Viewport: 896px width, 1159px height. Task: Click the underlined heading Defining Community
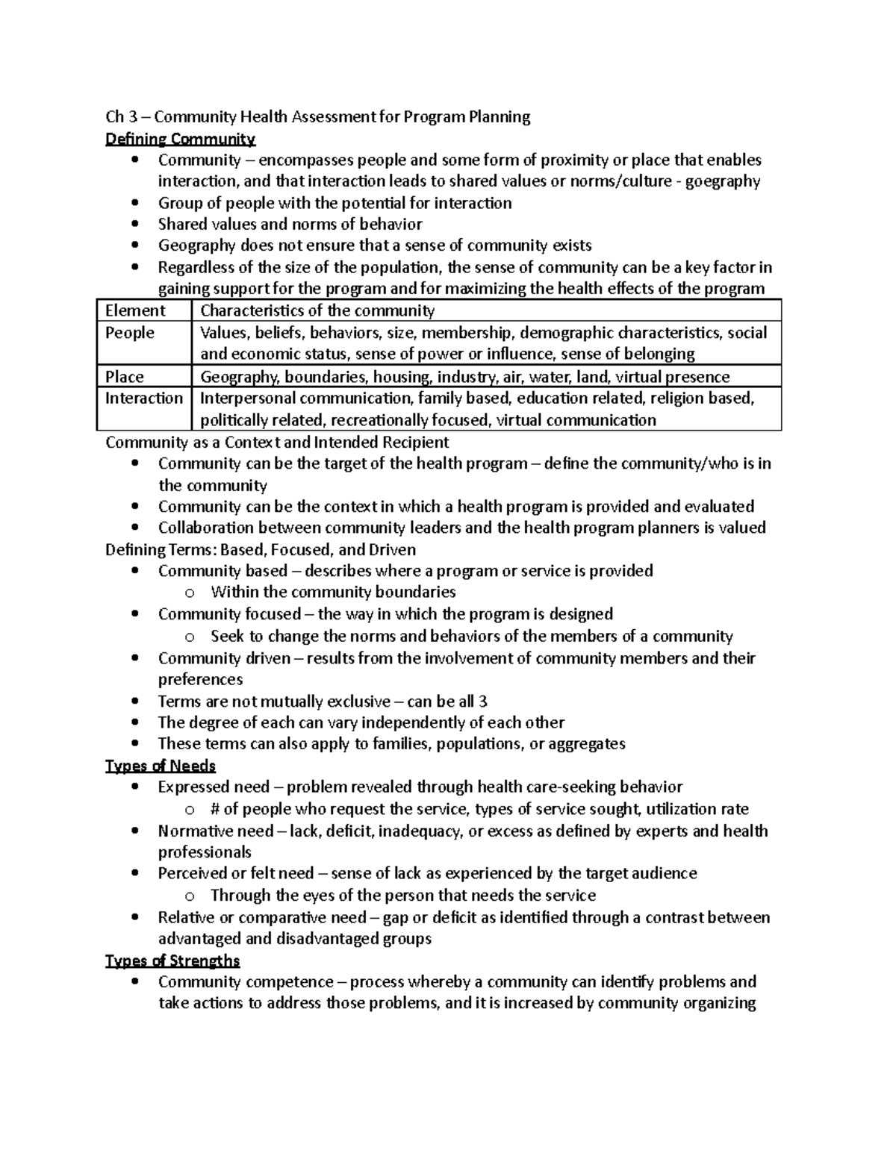[x=180, y=139]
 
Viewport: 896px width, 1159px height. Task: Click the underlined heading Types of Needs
[x=161, y=766]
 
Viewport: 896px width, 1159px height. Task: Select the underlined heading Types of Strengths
[x=172, y=960]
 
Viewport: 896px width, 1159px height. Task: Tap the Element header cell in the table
[x=135, y=310]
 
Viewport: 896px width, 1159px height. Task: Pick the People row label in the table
[x=130, y=333]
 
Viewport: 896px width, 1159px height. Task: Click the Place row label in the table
[x=125, y=377]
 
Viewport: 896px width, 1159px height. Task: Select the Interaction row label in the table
[x=143, y=398]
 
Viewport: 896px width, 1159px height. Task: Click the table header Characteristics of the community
[x=317, y=310]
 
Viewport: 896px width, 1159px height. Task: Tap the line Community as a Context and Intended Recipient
[x=277, y=442]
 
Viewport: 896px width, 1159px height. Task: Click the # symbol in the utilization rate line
[x=216, y=809]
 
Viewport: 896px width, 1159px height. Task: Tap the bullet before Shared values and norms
[x=134, y=225]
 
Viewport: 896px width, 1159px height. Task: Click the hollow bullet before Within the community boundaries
[x=190, y=593]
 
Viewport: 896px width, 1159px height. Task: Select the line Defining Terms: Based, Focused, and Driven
[x=261, y=549]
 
